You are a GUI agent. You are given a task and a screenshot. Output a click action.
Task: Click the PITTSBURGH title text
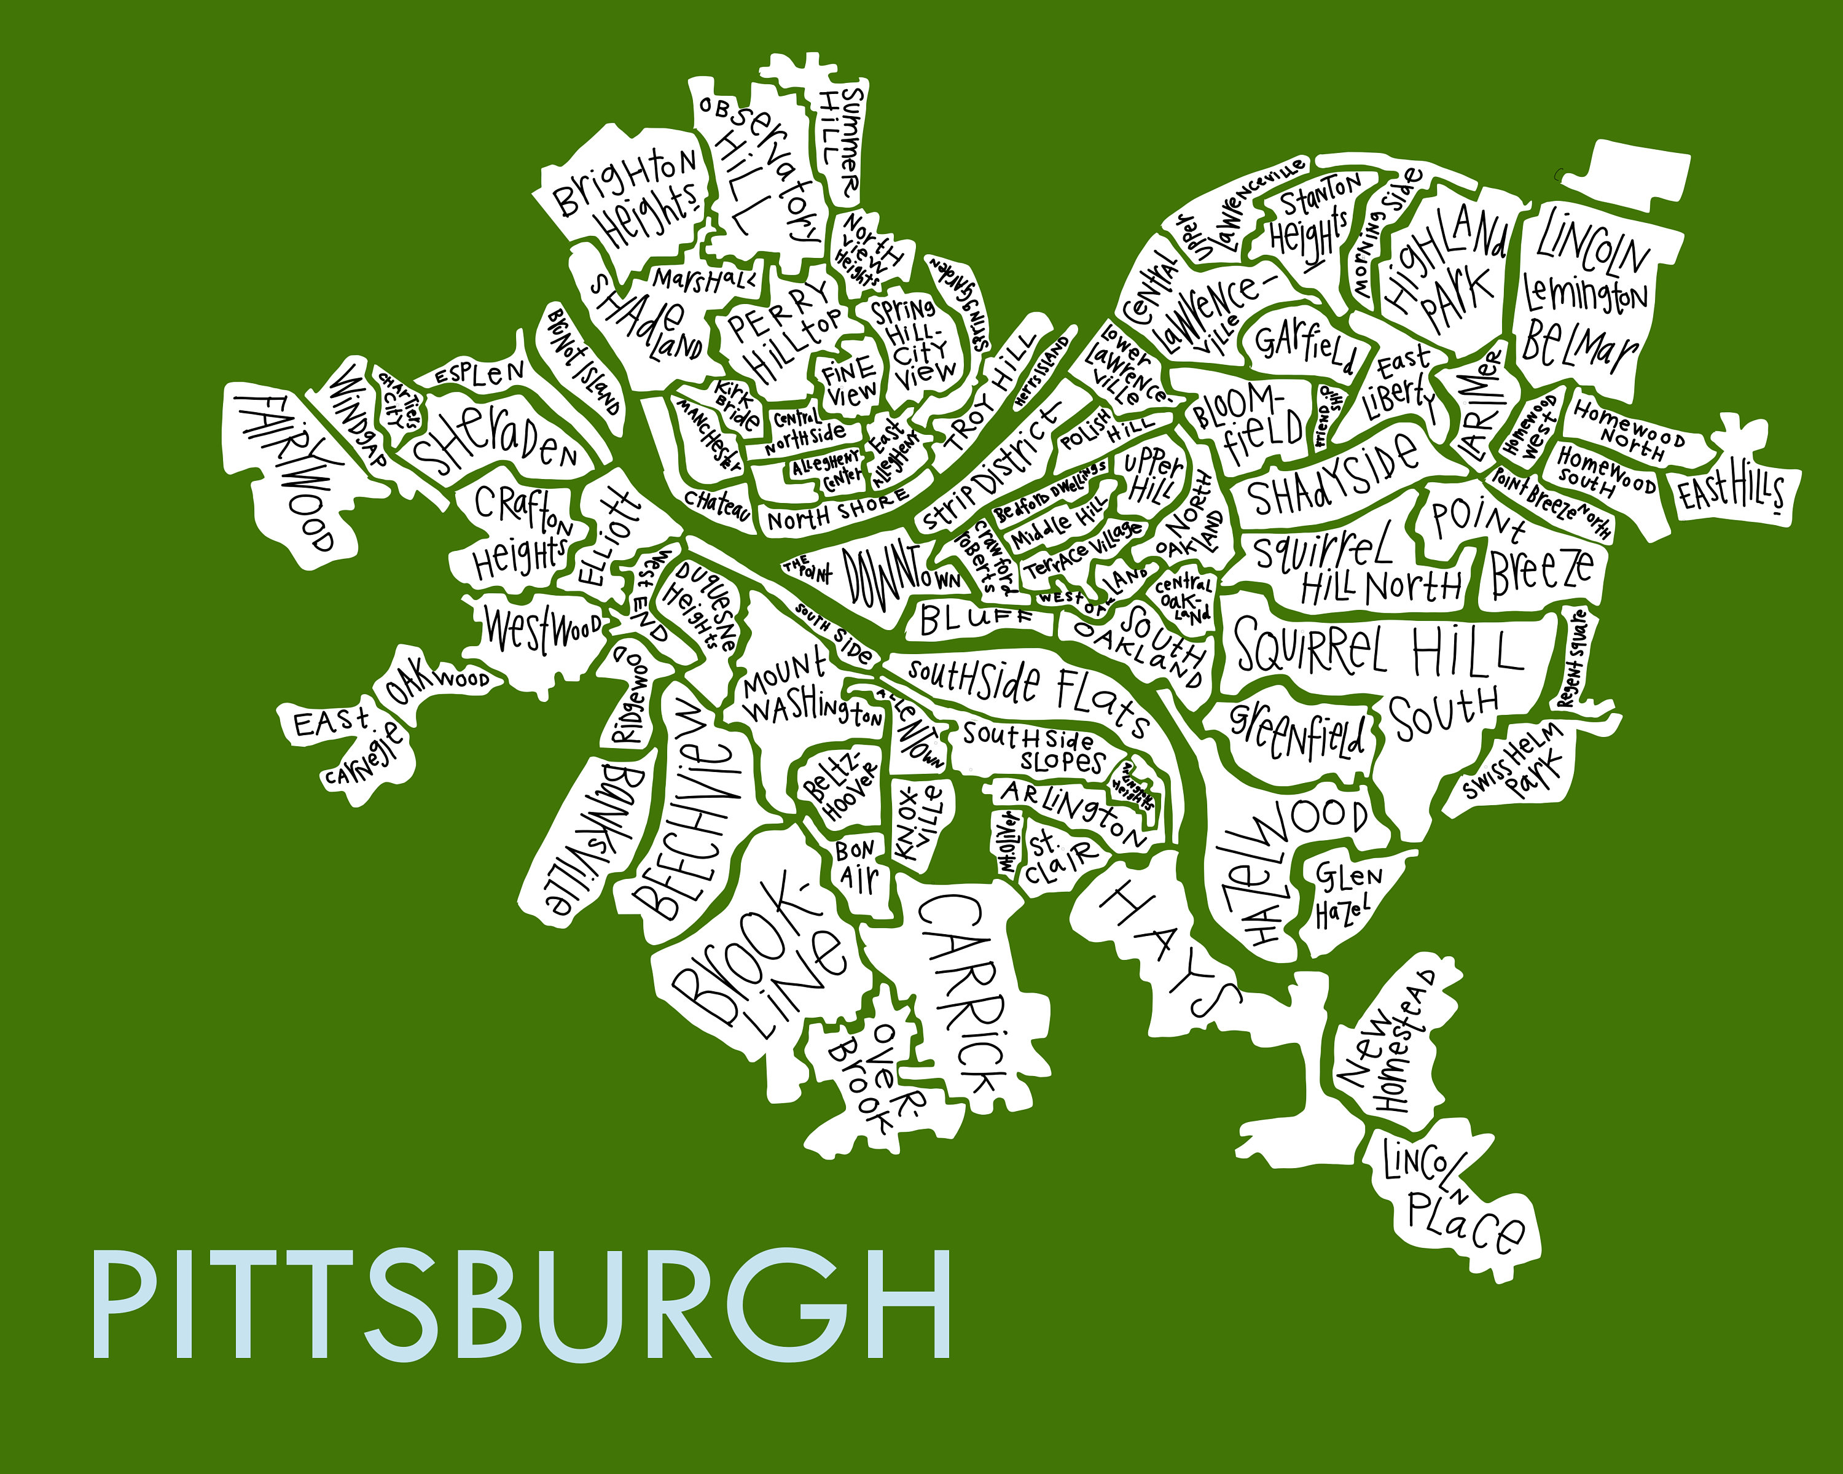tap(522, 1305)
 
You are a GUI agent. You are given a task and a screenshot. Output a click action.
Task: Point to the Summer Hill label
tap(842, 141)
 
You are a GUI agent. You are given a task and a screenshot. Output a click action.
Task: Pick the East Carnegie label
tap(346, 743)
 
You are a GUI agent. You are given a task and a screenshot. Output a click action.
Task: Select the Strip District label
tap(992, 470)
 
